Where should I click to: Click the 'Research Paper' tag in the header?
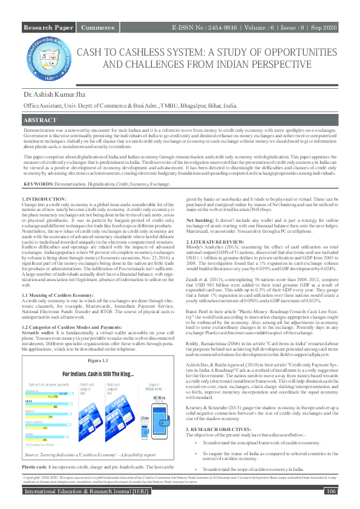[48, 28]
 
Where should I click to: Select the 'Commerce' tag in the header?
[98, 28]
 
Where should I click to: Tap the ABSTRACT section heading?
[41, 121]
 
